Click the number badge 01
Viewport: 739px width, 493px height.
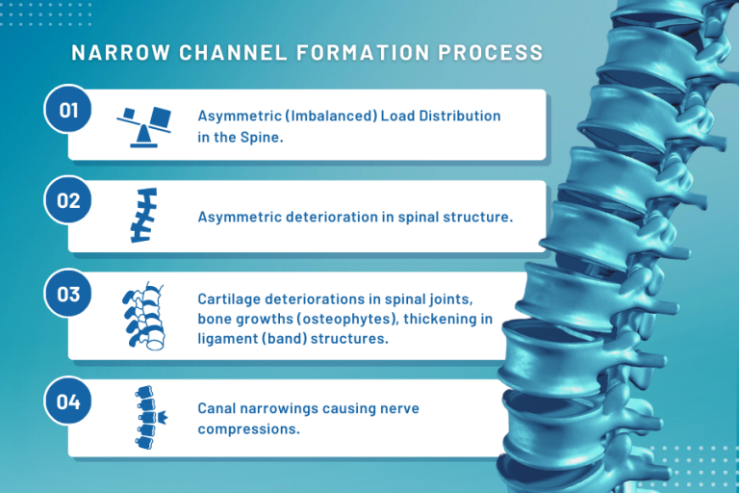click(68, 110)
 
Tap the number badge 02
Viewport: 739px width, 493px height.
click(68, 201)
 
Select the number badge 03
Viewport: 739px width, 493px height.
click(68, 295)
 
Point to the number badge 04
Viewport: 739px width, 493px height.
click(68, 402)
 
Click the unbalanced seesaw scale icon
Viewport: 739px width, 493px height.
click(143, 125)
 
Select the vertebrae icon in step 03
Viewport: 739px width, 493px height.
click(141, 315)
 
